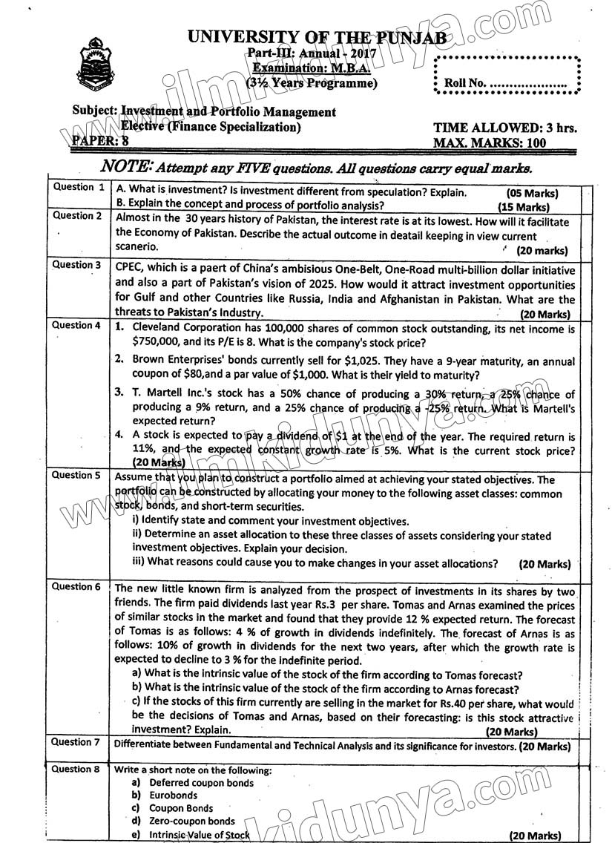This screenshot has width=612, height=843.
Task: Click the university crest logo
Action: pyautogui.click(x=93, y=62)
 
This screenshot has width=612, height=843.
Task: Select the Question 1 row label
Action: pyautogui.click(x=79, y=188)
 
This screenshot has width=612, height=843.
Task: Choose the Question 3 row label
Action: pyautogui.click(x=77, y=265)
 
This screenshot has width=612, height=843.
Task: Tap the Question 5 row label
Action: pyautogui.click(x=77, y=475)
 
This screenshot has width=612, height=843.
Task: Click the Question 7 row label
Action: pyautogui.click(x=77, y=742)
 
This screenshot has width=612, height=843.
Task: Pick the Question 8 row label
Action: pyautogui.click(x=77, y=770)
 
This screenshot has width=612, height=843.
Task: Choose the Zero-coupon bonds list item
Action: pyautogui.click(x=192, y=821)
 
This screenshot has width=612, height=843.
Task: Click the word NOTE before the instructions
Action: pyautogui.click(x=128, y=167)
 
